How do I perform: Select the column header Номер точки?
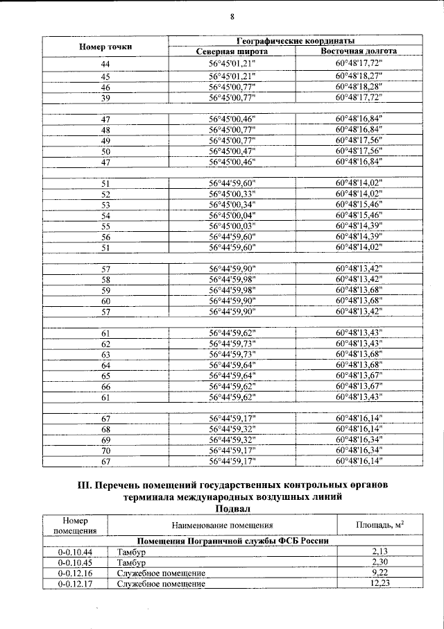tap(105, 46)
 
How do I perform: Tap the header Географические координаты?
tap(296, 41)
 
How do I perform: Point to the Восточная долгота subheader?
tap(359, 51)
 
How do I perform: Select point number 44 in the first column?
tap(105, 64)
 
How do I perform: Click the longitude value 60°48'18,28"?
tap(359, 87)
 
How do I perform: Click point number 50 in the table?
tap(105, 151)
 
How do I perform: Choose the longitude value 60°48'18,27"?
tap(359, 76)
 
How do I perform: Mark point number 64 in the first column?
tap(105, 365)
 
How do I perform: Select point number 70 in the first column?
tap(105, 450)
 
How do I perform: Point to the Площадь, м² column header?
tap(379, 526)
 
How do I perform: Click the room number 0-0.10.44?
tap(76, 552)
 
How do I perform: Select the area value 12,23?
tap(381, 584)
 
